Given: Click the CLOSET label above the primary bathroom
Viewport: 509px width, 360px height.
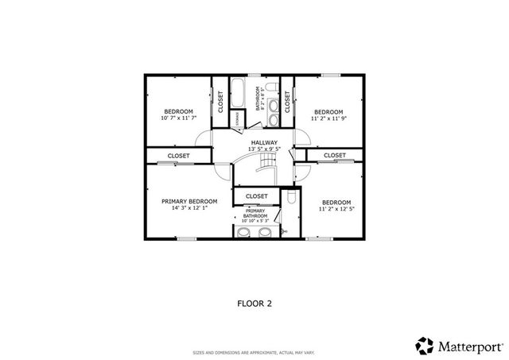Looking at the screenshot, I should click(257, 195).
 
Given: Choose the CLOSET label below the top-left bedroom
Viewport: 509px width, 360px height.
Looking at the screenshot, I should click(178, 156).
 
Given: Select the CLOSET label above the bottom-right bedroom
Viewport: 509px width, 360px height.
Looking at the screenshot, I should click(334, 155).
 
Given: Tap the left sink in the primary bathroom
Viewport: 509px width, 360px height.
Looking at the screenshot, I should click(245, 232).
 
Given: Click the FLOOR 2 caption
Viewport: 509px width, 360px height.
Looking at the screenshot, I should click(254, 303).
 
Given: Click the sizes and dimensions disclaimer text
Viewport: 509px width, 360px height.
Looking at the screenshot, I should click(254, 352).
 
